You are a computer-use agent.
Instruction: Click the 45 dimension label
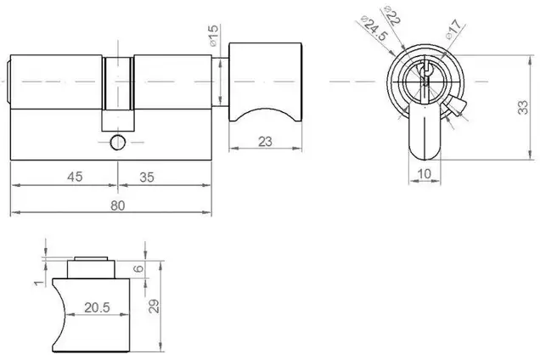[x=75, y=177]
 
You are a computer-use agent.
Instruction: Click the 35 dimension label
[x=147, y=177]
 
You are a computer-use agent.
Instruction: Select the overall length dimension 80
[x=117, y=205]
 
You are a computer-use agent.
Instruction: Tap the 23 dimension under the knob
[x=265, y=142]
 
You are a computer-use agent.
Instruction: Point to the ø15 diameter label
[x=213, y=36]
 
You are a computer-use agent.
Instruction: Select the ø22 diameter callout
[x=392, y=16]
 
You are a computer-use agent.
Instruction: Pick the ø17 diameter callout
[x=453, y=29]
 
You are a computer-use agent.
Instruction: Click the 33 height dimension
[x=523, y=107]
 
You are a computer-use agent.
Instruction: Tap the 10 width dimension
[x=425, y=173]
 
